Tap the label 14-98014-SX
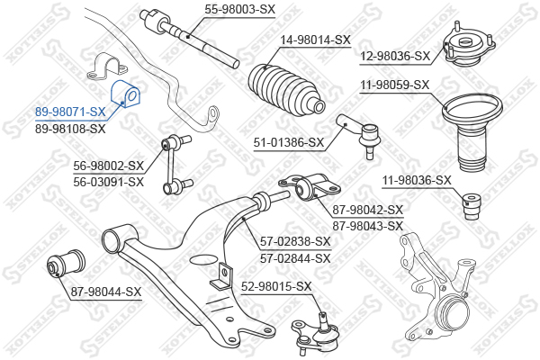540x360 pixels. (x=315, y=40)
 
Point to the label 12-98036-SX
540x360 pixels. (x=395, y=56)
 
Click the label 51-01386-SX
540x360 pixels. (x=288, y=141)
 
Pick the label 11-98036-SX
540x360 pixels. (x=416, y=180)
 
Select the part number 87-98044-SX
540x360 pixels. (x=106, y=292)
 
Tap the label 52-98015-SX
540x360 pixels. (x=275, y=286)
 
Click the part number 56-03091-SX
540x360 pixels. (x=109, y=182)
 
